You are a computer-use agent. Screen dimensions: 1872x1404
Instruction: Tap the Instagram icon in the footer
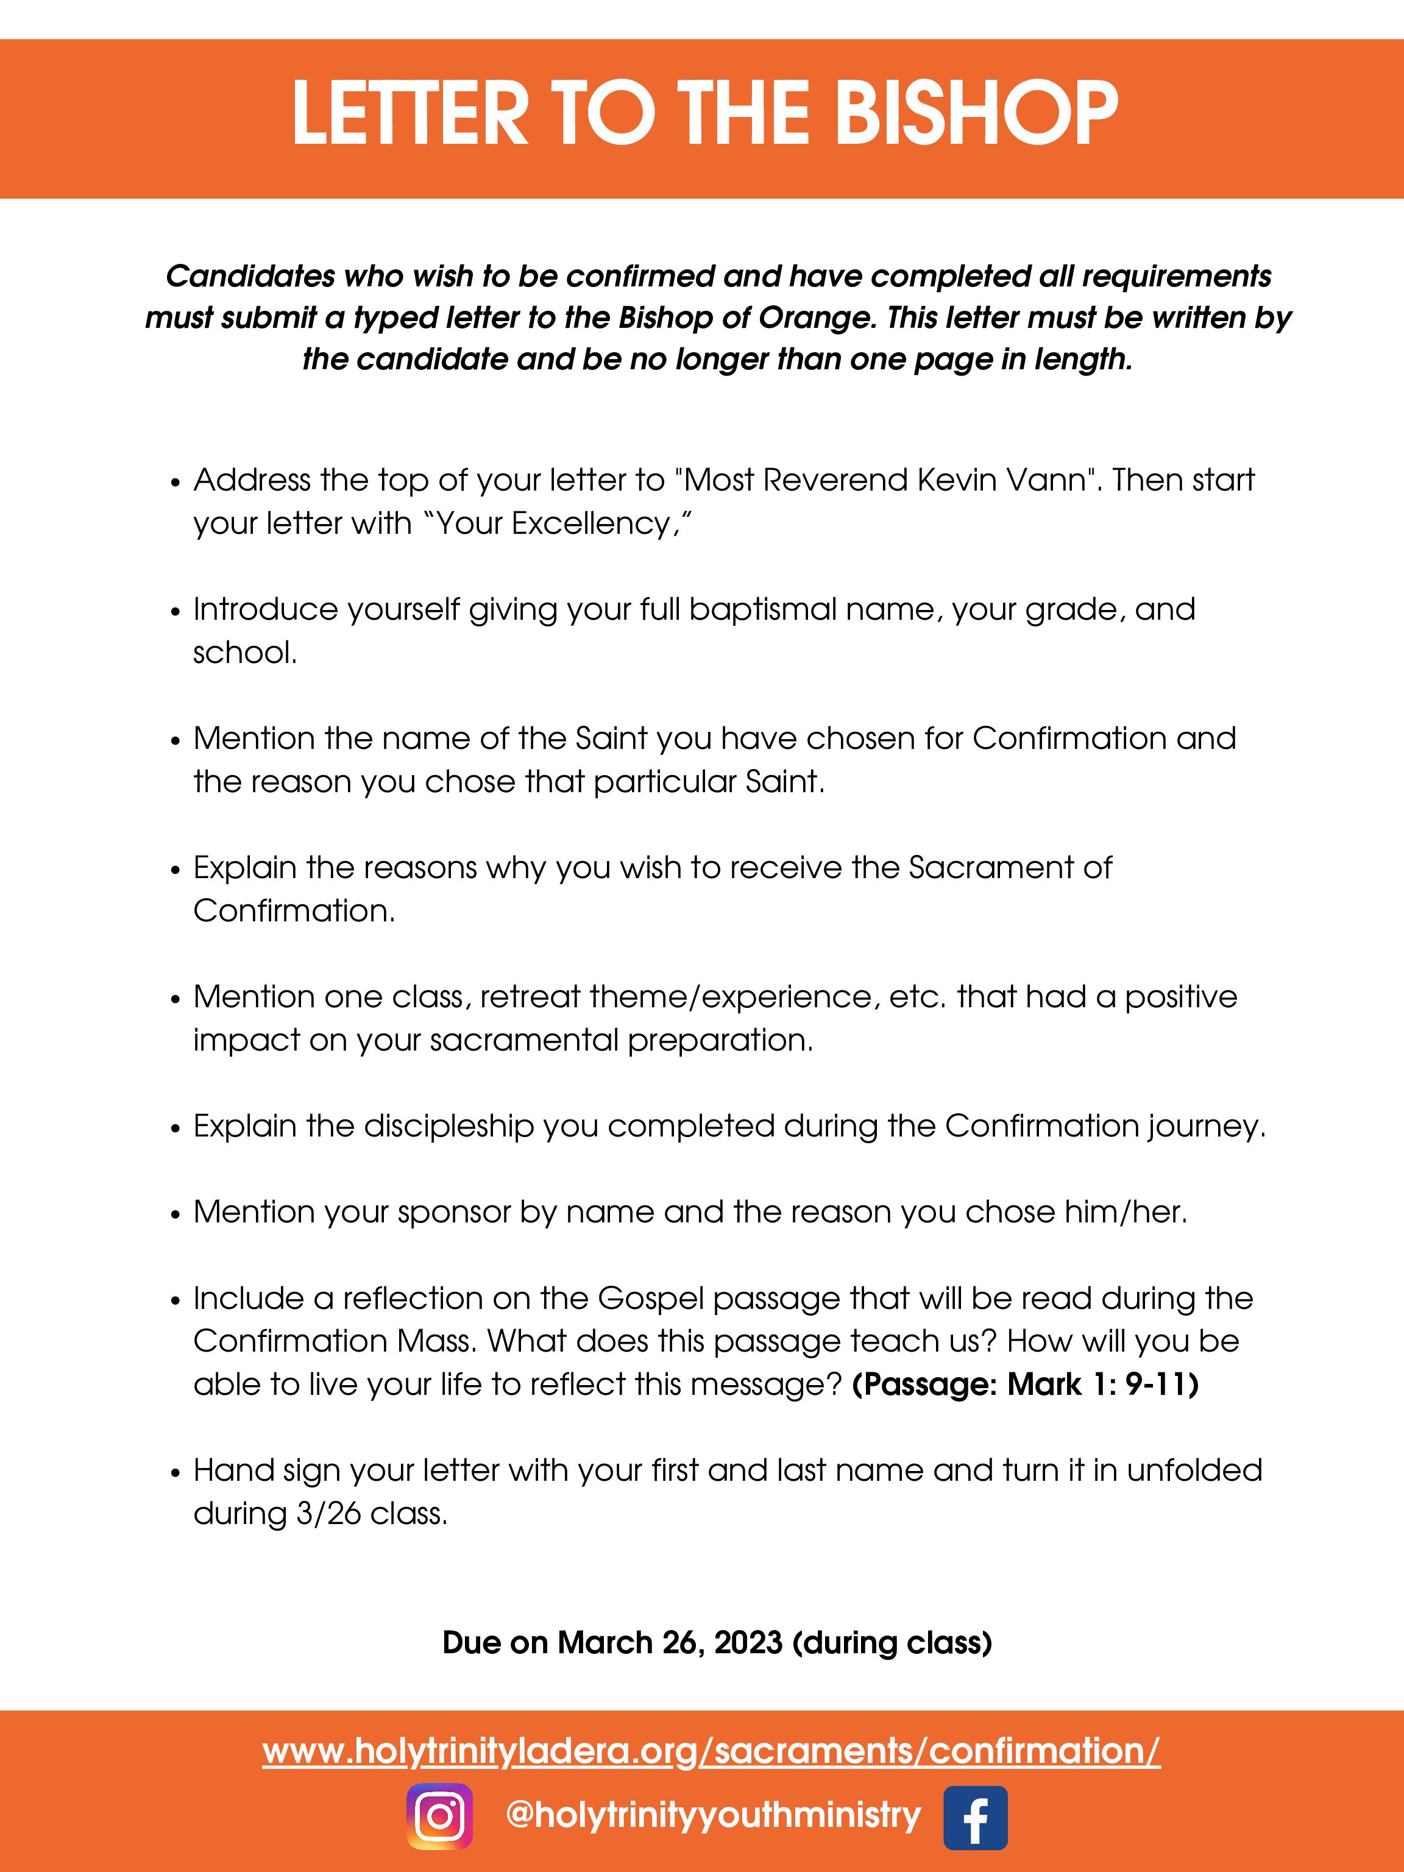[439, 1816]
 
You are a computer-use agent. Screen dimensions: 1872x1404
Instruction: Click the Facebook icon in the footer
[975, 1816]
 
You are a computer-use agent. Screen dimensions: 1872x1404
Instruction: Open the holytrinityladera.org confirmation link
[711, 1750]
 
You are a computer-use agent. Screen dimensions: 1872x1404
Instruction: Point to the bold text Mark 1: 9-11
[1102, 1384]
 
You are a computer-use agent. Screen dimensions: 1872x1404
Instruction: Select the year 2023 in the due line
[748, 1643]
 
